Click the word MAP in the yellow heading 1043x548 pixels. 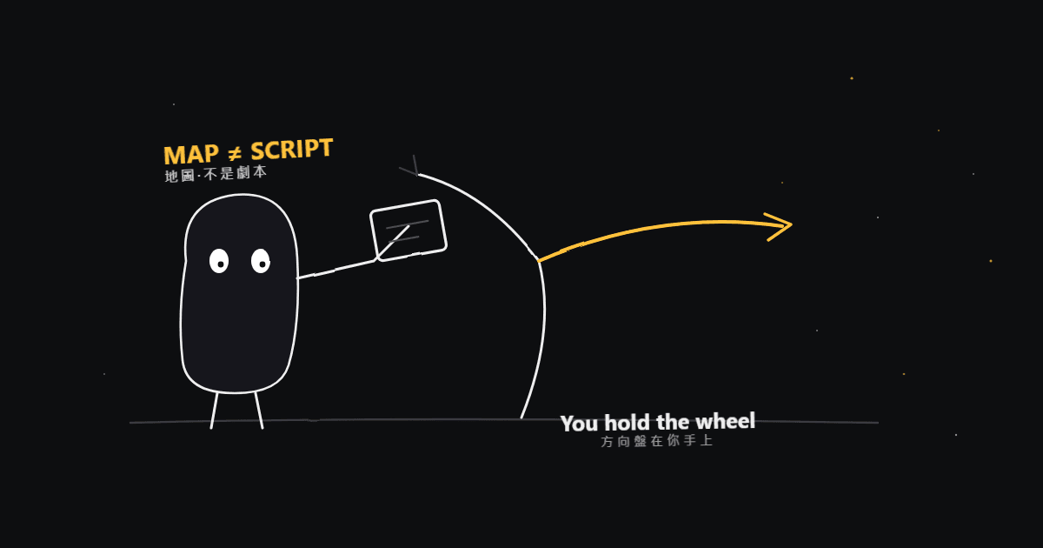point(191,154)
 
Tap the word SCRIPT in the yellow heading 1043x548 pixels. point(292,149)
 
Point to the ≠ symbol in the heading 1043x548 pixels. point(235,152)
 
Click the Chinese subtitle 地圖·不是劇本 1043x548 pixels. point(216,174)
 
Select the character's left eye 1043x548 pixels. point(219,261)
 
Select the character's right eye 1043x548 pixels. point(261,261)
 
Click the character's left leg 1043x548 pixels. point(214,411)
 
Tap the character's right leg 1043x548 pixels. point(259,411)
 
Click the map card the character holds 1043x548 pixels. point(409,231)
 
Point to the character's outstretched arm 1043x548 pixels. point(336,269)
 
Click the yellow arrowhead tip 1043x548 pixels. point(792,224)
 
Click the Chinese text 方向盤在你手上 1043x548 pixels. point(656,441)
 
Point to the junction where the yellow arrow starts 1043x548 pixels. point(539,260)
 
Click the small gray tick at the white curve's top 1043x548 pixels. point(410,166)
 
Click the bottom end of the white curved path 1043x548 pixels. point(521,418)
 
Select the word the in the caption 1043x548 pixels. point(673,422)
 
